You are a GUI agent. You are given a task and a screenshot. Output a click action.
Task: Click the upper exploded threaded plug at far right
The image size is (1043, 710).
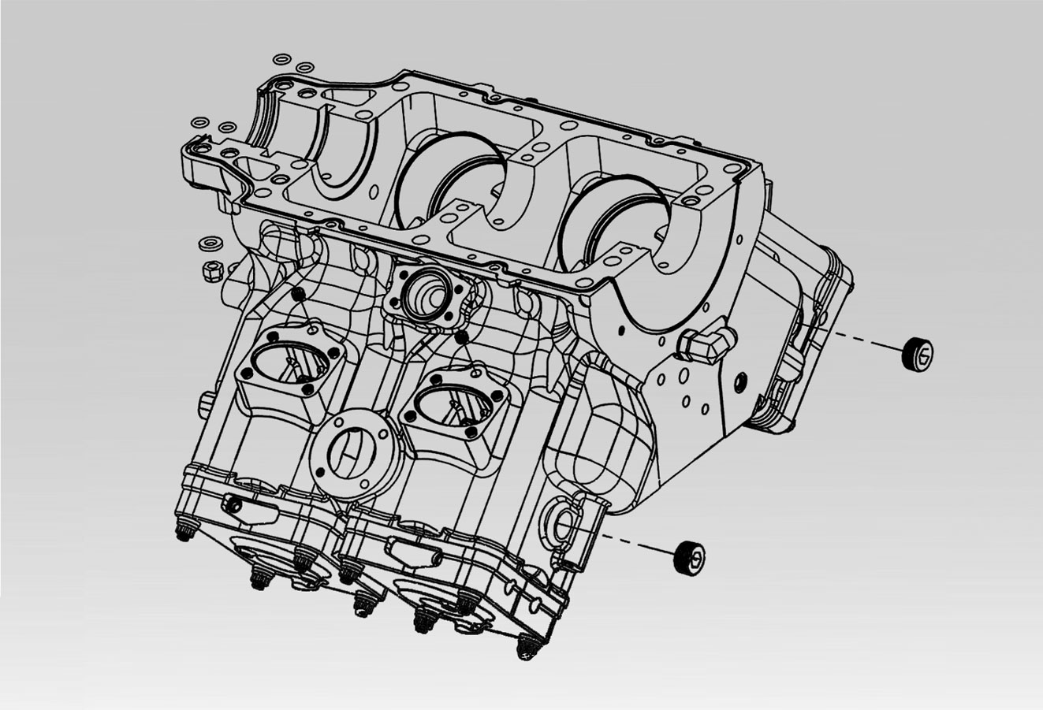point(917,352)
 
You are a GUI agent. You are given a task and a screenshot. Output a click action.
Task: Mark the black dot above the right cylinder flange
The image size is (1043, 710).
point(461,336)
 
